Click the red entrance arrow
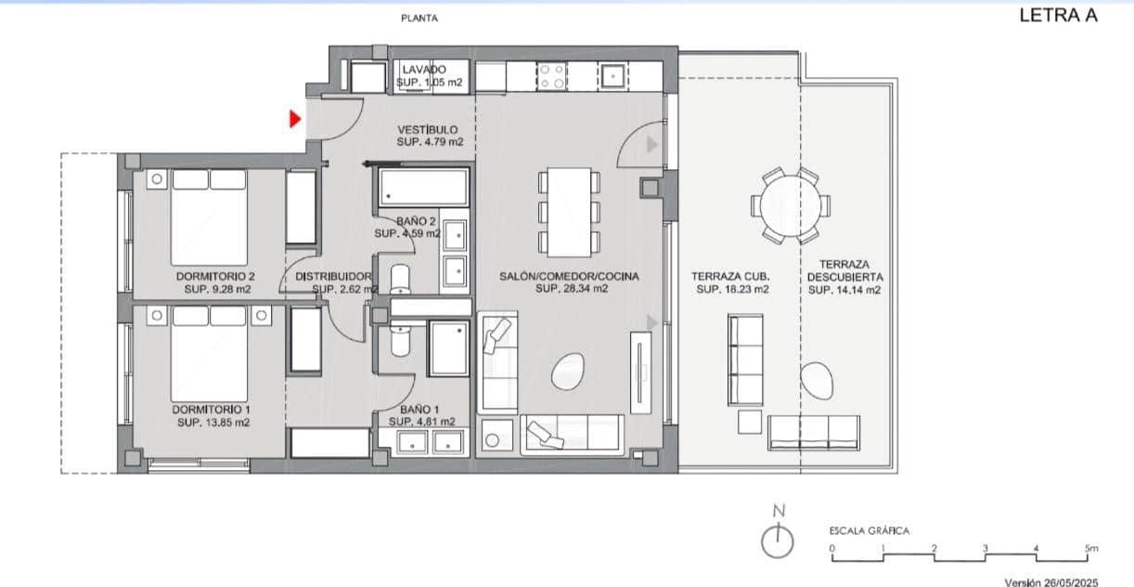pyautogui.click(x=295, y=119)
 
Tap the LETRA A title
pyautogui.click(x=1057, y=16)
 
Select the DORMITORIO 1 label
pyautogui.click(x=212, y=409)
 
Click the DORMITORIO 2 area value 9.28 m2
pyautogui.click(x=217, y=289)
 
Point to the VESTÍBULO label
pyautogui.click(x=428, y=129)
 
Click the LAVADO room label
pyautogui.click(x=425, y=70)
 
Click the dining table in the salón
pyautogui.click(x=568, y=211)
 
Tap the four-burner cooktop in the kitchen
pyautogui.click(x=552, y=76)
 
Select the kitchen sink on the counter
pyautogui.click(x=612, y=75)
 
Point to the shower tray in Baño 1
pyautogui.click(x=449, y=349)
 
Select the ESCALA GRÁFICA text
pyautogui.click(x=869, y=531)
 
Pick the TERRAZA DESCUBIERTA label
pyautogui.click(x=844, y=269)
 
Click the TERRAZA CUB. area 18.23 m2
pyautogui.click(x=732, y=290)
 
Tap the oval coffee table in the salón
pyautogui.click(x=567, y=373)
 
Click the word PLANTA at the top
pyautogui.click(x=419, y=18)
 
